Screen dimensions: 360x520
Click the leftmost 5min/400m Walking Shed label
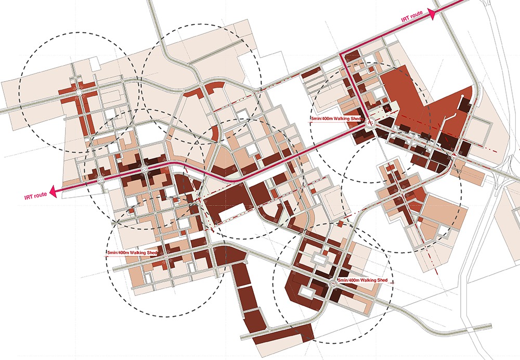[132, 252]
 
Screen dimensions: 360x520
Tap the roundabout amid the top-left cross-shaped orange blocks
[79, 92]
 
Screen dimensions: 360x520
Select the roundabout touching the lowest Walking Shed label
[332, 284]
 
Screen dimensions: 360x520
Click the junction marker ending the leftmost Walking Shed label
[166, 256]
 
